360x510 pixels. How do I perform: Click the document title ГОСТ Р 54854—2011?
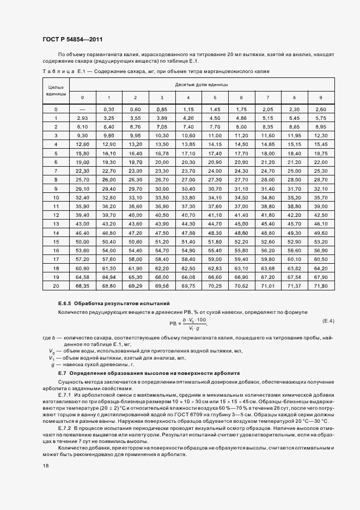coord(72,40)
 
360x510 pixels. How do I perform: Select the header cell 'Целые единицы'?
coord(56,90)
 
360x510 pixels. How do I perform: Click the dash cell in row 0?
coord(82,110)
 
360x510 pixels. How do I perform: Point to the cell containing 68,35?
coord(82,286)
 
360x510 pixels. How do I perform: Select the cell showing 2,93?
coord(82,118)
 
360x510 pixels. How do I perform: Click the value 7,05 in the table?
coord(162,126)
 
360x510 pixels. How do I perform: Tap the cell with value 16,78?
coord(162,154)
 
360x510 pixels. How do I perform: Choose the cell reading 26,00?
coord(109,179)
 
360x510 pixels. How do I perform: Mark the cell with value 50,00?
coord(82,241)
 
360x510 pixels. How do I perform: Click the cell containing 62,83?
coord(215,268)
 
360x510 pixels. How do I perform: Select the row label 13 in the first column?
coord(56,224)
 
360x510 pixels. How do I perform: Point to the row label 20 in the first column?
coord(56,286)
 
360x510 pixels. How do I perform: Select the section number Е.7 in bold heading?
coord(62,374)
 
